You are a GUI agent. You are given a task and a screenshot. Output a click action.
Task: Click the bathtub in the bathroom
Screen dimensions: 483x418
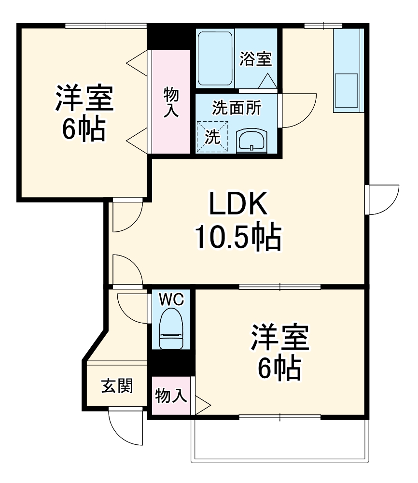216,58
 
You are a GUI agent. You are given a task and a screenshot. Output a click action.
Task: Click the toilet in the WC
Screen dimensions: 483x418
171,329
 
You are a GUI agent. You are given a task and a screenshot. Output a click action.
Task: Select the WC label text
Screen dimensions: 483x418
171,299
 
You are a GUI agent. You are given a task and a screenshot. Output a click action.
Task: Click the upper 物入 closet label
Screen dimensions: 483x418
171,102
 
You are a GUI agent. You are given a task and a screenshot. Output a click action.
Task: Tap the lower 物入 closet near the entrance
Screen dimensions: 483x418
171,396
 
